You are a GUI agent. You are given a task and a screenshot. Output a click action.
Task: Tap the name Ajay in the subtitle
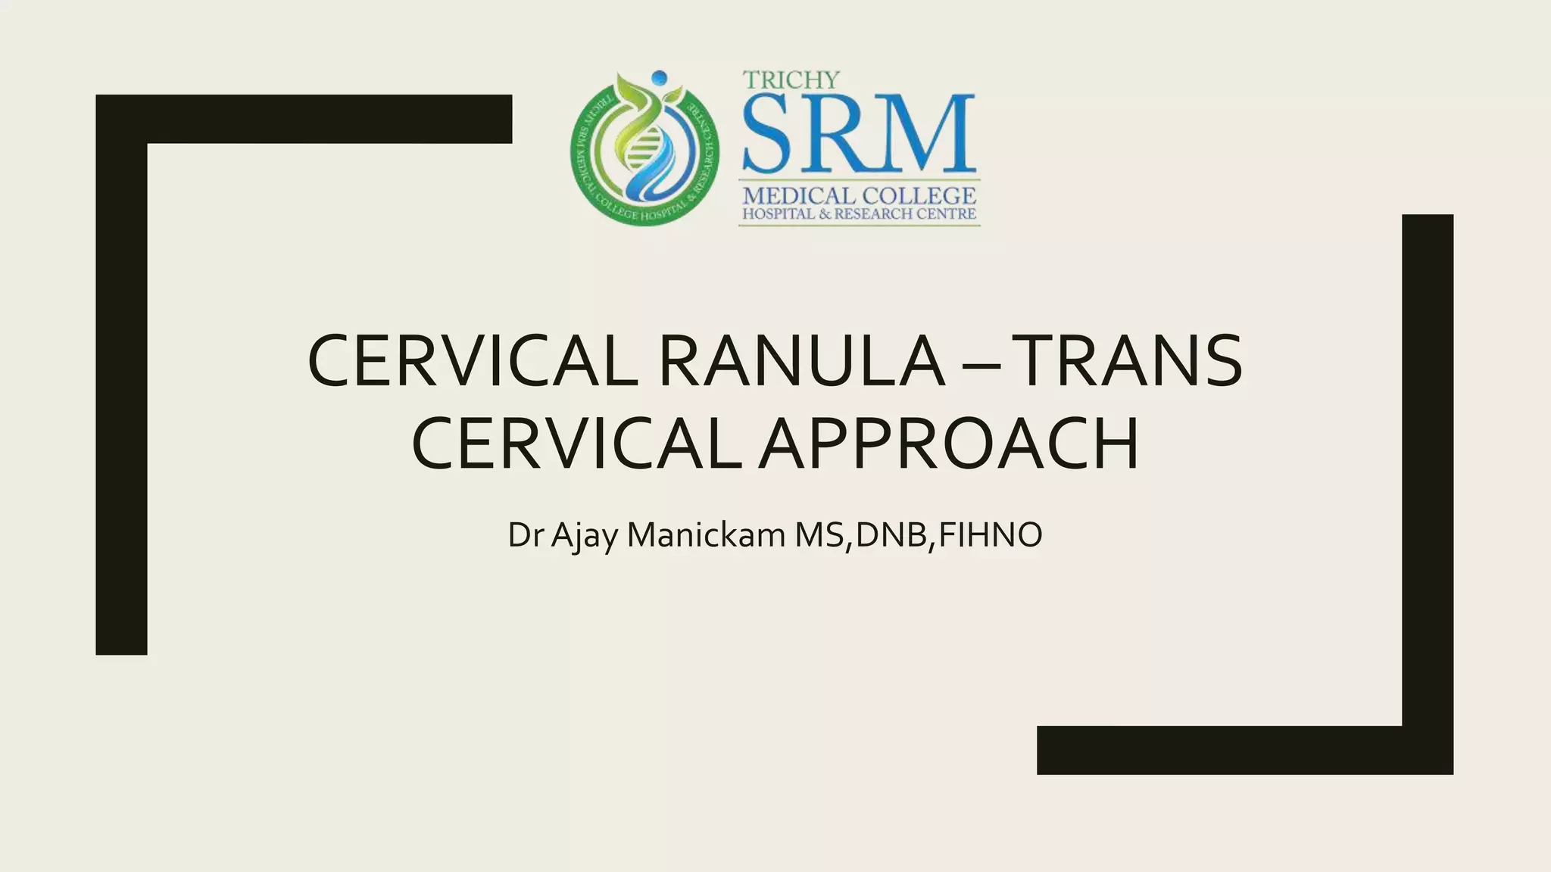[x=584, y=535]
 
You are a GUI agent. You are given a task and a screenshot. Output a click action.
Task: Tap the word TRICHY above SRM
[x=791, y=79]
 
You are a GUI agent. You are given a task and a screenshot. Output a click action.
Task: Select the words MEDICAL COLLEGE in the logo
[x=859, y=195]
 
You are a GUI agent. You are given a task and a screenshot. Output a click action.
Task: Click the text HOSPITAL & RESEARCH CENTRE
[x=859, y=214]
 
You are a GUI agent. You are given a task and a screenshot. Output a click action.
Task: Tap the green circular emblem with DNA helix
[x=644, y=151]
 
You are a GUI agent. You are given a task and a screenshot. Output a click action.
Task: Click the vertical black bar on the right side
[x=1428, y=469]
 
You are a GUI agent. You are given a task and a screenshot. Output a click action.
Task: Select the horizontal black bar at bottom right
[x=1227, y=750]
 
